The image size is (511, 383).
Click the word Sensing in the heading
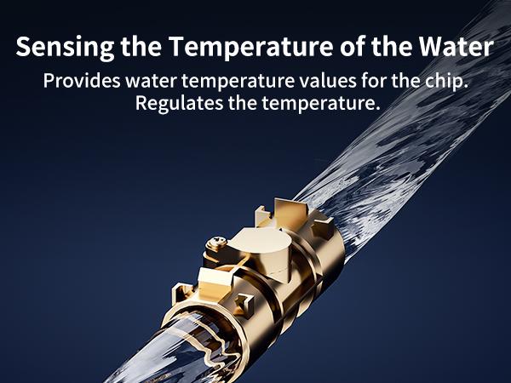coord(55,48)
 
